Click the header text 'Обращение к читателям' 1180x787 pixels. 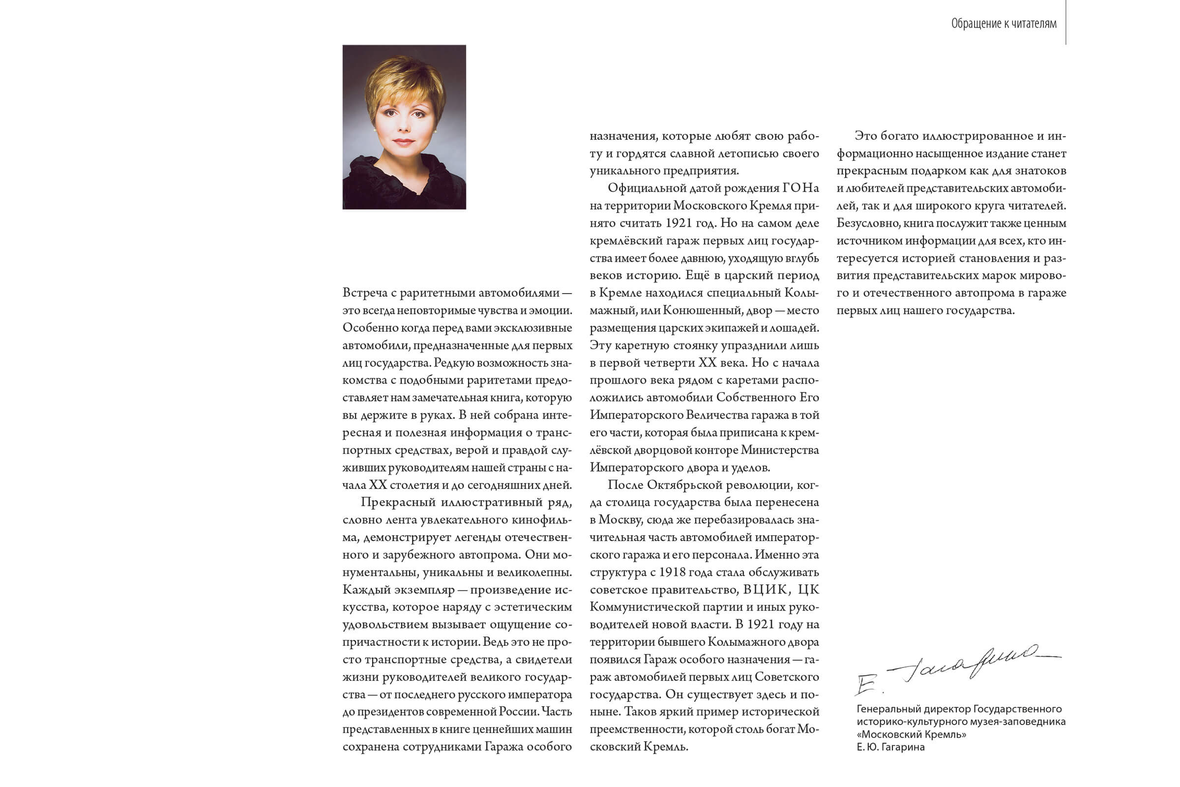coord(1003,24)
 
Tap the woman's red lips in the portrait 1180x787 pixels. coord(403,142)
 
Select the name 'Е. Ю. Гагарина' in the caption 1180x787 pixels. coord(890,747)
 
